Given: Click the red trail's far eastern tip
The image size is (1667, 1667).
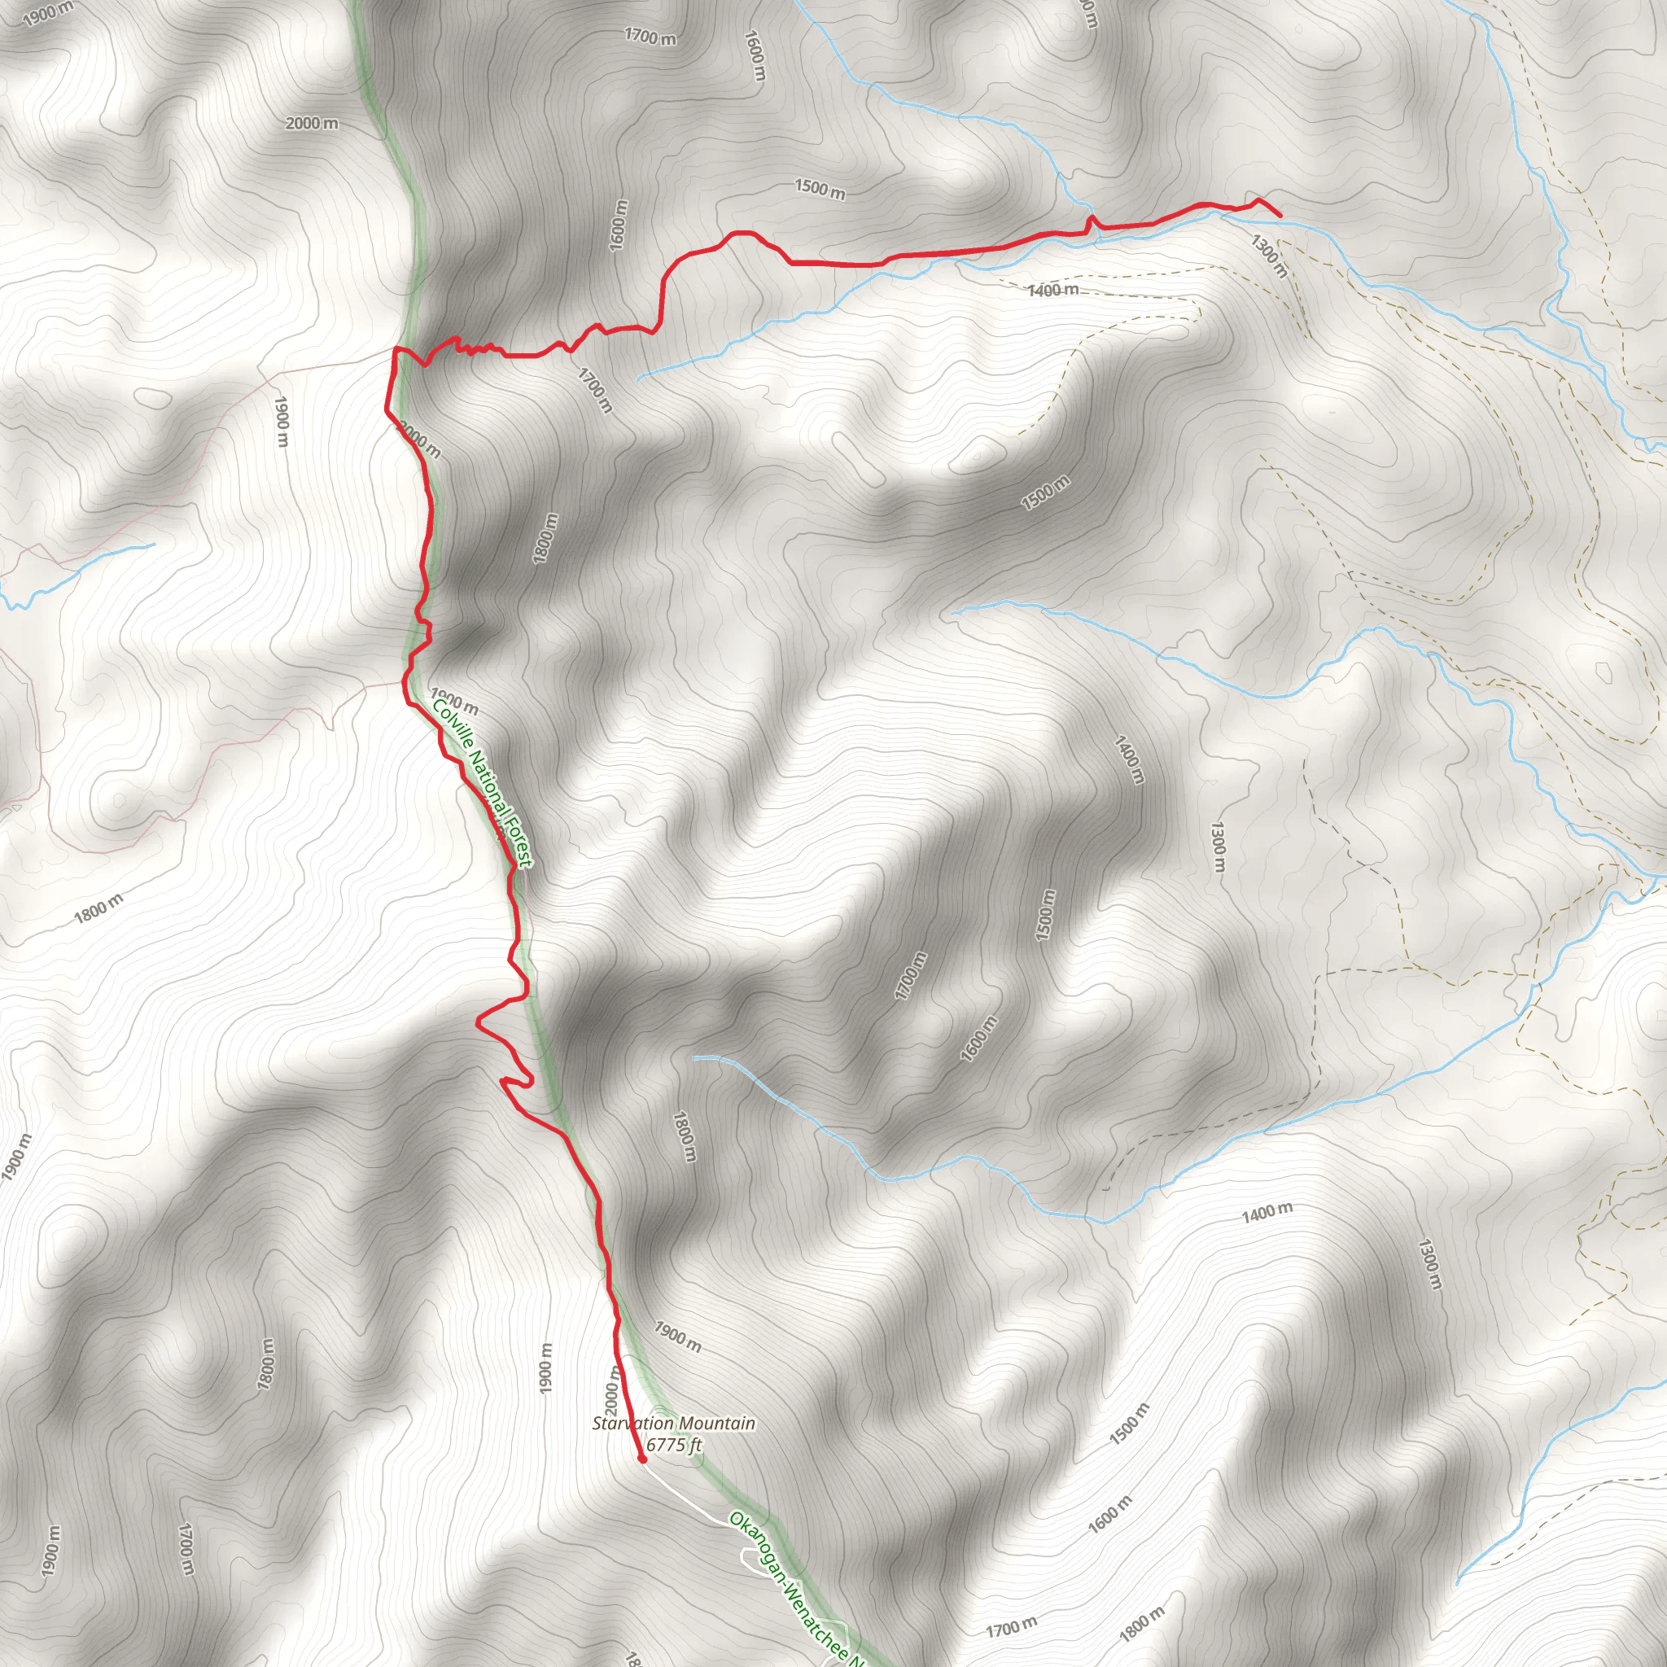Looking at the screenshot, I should [1280, 215].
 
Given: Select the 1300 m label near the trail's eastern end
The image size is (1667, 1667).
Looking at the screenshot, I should [1268, 256].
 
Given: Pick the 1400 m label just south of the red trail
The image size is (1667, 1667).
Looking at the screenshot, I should [1052, 290].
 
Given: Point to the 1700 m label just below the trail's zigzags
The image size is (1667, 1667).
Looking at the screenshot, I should [595, 390].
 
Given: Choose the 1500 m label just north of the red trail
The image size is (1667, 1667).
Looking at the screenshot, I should [820, 188].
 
